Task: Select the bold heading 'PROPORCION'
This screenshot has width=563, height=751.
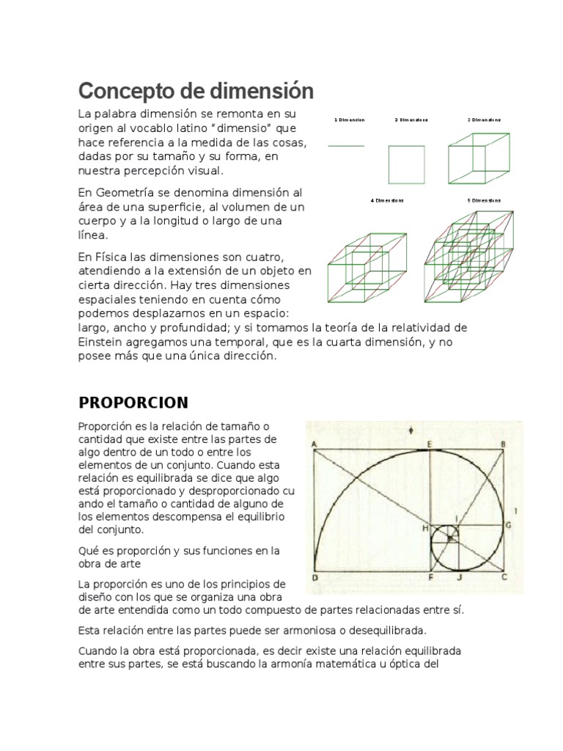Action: coord(133,403)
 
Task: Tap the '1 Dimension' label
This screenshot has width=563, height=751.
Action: coord(349,119)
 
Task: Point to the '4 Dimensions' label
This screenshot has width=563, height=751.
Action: coord(387,199)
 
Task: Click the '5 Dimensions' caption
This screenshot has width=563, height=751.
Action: coord(485,199)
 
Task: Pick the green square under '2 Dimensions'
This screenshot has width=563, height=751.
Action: coord(405,164)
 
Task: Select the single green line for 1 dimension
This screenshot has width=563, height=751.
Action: coord(346,147)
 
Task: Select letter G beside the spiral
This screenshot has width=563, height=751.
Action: coord(507,525)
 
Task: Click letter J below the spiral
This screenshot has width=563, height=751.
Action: coord(460,578)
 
